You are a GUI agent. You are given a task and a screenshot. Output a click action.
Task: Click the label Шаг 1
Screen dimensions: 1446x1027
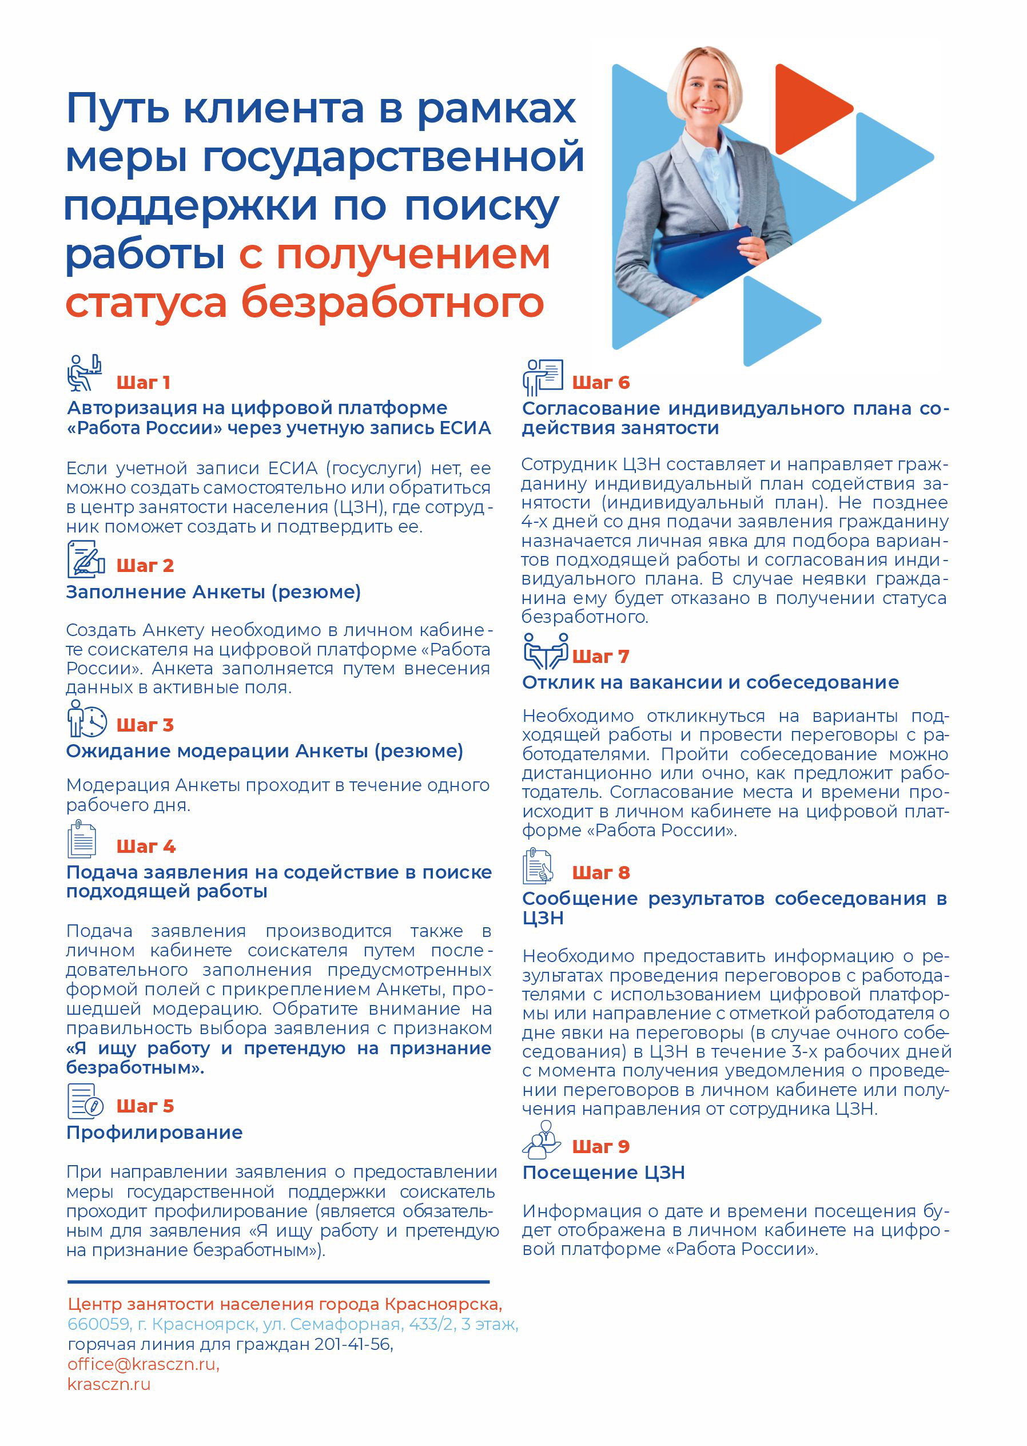(x=143, y=383)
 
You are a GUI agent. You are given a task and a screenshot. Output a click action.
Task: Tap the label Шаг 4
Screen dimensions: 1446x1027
(x=145, y=847)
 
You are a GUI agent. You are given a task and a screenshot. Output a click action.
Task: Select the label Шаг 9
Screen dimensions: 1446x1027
(x=600, y=1146)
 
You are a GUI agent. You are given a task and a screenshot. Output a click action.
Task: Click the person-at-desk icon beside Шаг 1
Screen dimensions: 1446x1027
(x=85, y=372)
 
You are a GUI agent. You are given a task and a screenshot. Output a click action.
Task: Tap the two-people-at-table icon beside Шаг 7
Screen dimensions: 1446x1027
(x=545, y=651)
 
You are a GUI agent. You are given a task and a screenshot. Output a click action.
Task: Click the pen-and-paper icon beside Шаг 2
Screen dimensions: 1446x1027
(x=86, y=559)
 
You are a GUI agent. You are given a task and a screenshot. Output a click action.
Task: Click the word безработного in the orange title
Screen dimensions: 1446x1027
(x=392, y=303)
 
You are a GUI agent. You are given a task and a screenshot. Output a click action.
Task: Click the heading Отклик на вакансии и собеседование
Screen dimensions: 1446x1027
(x=710, y=682)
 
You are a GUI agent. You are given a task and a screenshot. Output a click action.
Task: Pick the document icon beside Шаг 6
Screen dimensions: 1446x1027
(x=543, y=376)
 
